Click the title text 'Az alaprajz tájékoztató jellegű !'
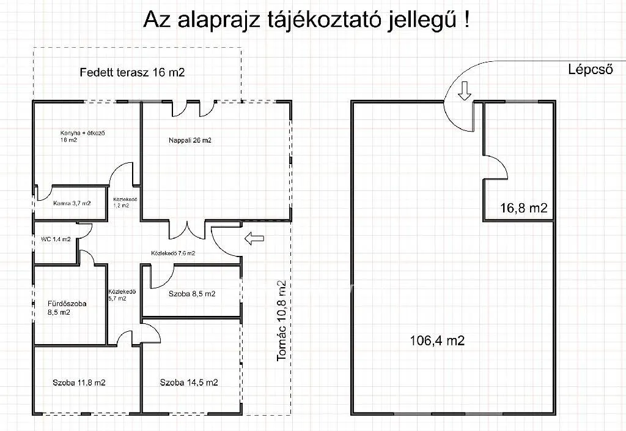[x=307, y=20]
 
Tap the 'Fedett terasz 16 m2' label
[x=132, y=72]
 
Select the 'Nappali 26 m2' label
[x=190, y=140]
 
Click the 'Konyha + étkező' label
[x=78, y=136]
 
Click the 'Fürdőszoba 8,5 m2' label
[x=59, y=307]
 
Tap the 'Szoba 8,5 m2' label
[x=192, y=294]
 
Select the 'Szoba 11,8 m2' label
[x=79, y=383]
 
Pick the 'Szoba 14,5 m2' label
[x=189, y=383]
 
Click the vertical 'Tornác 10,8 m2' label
[x=281, y=320]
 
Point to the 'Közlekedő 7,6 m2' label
[x=173, y=253]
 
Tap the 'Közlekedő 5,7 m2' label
[x=117, y=295]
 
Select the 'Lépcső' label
[x=591, y=70]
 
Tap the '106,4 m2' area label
[x=436, y=340]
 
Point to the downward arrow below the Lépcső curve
[x=465, y=91]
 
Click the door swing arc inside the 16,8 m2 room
[x=496, y=165]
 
